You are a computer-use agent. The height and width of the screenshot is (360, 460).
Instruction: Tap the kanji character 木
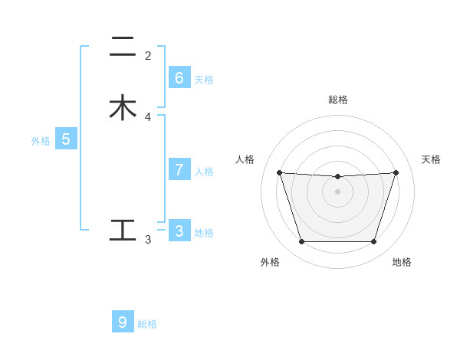click(123, 108)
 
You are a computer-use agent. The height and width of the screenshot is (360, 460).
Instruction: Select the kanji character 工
click(123, 230)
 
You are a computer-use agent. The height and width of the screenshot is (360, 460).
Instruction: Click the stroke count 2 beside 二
click(148, 56)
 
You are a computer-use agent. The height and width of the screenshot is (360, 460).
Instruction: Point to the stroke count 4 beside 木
click(148, 117)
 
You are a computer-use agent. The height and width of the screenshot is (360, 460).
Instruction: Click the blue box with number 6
click(179, 78)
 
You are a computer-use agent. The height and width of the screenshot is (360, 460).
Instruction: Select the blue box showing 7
click(179, 170)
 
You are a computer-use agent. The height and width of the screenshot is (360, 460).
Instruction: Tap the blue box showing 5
click(66, 140)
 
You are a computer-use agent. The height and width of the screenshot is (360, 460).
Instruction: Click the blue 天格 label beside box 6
click(204, 80)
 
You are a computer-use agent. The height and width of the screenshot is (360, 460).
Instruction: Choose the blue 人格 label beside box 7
click(204, 172)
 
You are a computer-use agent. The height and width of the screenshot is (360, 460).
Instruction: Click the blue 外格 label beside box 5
click(40, 141)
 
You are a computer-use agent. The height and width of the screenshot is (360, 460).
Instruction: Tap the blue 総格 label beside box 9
click(147, 324)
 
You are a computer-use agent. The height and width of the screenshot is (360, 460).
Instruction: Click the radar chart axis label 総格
click(338, 100)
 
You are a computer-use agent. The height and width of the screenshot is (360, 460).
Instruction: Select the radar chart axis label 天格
click(431, 159)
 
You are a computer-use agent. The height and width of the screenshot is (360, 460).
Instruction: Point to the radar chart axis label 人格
click(245, 159)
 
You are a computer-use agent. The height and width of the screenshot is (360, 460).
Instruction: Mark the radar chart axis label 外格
click(270, 262)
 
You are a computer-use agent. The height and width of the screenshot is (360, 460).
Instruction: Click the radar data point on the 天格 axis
click(396, 172)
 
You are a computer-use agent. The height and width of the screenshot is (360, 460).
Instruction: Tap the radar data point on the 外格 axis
click(301, 242)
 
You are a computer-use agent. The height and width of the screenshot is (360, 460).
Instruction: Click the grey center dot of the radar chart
click(338, 191)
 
